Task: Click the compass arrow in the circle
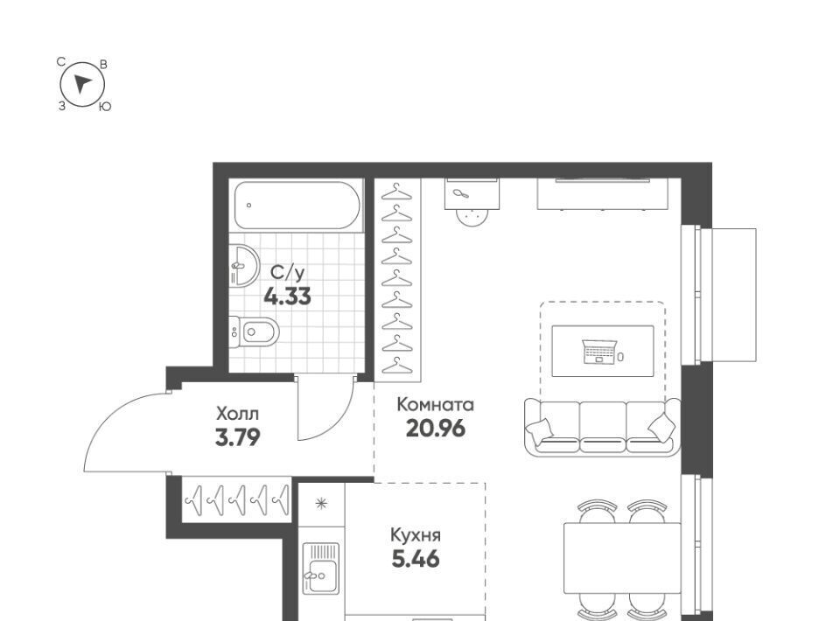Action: (82, 84)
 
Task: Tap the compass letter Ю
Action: (105, 107)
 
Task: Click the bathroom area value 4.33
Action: (287, 296)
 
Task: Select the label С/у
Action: (288, 273)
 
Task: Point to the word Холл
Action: (237, 414)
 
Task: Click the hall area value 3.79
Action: (237, 438)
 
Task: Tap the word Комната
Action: (435, 405)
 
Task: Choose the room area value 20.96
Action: (436, 429)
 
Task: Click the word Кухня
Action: (415, 535)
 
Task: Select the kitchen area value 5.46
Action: (416, 560)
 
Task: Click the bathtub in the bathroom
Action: (297, 205)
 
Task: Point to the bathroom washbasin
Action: (244, 266)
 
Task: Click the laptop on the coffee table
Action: (598, 352)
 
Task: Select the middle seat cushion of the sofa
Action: (603, 427)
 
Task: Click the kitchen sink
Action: (321, 569)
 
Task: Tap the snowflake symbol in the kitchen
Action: (321, 503)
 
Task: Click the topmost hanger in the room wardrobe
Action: (396, 192)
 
